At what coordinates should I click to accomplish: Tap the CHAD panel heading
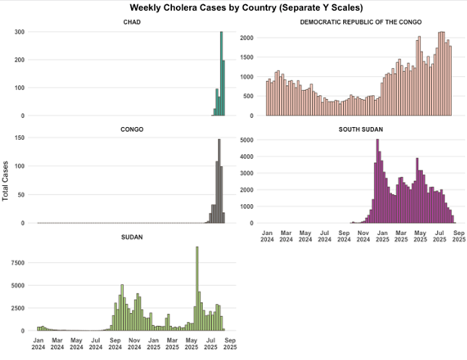click(x=131, y=22)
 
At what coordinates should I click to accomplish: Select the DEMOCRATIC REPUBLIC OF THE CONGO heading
click(x=361, y=22)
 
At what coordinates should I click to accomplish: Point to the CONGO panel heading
click(x=131, y=130)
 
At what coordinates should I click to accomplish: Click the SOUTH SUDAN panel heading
click(x=361, y=130)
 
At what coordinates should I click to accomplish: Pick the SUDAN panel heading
click(x=131, y=238)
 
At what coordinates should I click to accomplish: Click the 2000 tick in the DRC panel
click(x=247, y=38)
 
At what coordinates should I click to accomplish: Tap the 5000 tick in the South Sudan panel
click(x=247, y=140)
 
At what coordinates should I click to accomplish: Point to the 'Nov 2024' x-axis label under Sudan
click(x=134, y=343)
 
